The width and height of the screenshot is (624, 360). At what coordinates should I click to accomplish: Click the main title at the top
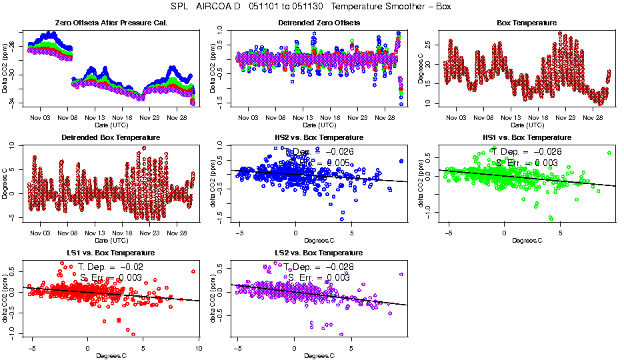pyautogui.click(x=312, y=7)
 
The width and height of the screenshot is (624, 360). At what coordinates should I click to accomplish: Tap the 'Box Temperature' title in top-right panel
pyautogui.click(x=527, y=23)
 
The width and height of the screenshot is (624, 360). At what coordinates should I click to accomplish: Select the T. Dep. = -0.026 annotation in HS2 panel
pyautogui.click(x=319, y=152)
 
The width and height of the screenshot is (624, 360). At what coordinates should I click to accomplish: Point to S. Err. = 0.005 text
pyautogui.click(x=319, y=163)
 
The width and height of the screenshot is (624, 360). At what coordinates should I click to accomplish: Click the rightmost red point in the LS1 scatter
pyautogui.click(x=193, y=271)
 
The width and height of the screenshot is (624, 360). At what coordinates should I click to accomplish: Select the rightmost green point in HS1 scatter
pyautogui.click(x=609, y=153)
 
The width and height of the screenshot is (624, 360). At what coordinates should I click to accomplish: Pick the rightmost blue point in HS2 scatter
pyautogui.click(x=401, y=161)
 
